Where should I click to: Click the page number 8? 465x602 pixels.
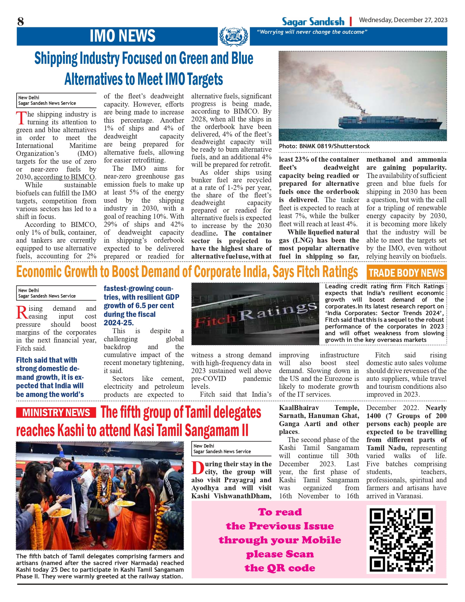tap(21, 22)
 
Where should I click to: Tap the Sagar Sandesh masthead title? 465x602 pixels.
tap(313, 22)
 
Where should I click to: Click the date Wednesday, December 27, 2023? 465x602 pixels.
tap(403, 20)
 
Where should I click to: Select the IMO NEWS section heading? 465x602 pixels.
tap(122, 36)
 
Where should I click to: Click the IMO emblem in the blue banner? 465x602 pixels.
tap(234, 36)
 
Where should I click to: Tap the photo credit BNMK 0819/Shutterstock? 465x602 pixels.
tap(324, 146)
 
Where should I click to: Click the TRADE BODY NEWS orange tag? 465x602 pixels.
tap(406, 273)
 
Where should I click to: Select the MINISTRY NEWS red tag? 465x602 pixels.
tap(56, 413)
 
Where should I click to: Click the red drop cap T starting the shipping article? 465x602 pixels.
tap(21, 118)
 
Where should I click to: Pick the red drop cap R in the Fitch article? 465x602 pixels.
tap(22, 313)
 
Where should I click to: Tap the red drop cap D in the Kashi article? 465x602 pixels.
tap(197, 468)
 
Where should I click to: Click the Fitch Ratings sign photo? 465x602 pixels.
tap(255, 314)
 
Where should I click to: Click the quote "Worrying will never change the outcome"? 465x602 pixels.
tap(312, 32)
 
